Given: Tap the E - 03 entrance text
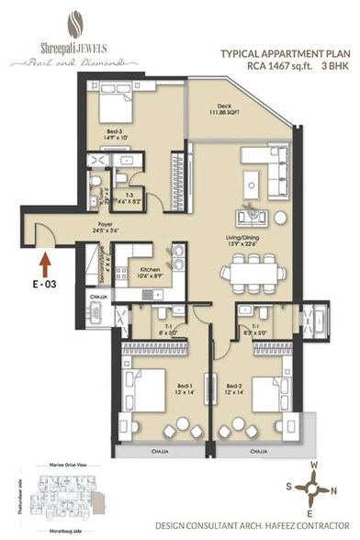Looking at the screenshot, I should click(46, 285).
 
